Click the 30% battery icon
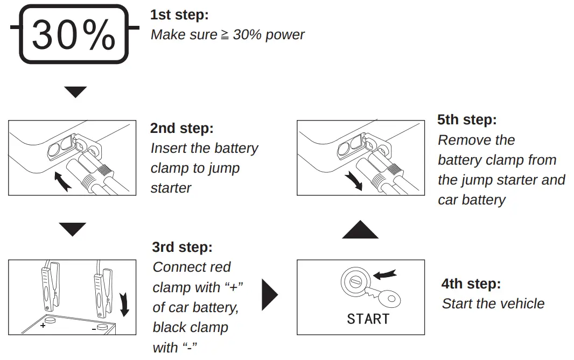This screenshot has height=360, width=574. pyautogui.click(x=74, y=34)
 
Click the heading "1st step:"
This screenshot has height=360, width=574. pyautogui.click(x=179, y=15)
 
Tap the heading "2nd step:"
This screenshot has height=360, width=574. pyautogui.click(x=182, y=129)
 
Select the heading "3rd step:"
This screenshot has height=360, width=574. pyautogui.click(x=183, y=247)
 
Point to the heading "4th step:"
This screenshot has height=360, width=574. pyautogui.click(x=471, y=284)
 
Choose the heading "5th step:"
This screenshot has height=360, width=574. pyautogui.click(x=467, y=119)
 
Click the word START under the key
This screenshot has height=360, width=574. pyautogui.click(x=368, y=319)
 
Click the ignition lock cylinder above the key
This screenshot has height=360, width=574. pyautogui.click(x=354, y=280)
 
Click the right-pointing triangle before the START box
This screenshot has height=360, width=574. pyautogui.click(x=269, y=295)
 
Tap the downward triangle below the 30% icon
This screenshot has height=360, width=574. pyautogui.click(x=75, y=92)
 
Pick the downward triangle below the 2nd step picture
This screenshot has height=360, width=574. pyautogui.click(x=73, y=230)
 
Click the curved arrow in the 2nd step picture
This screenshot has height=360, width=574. pyautogui.click(x=63, y=181)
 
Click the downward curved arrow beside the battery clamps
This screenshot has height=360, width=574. pyautogui.click(x=125, y=303)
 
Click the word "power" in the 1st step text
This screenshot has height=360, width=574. pyautogui.click(x=284, y=35)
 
